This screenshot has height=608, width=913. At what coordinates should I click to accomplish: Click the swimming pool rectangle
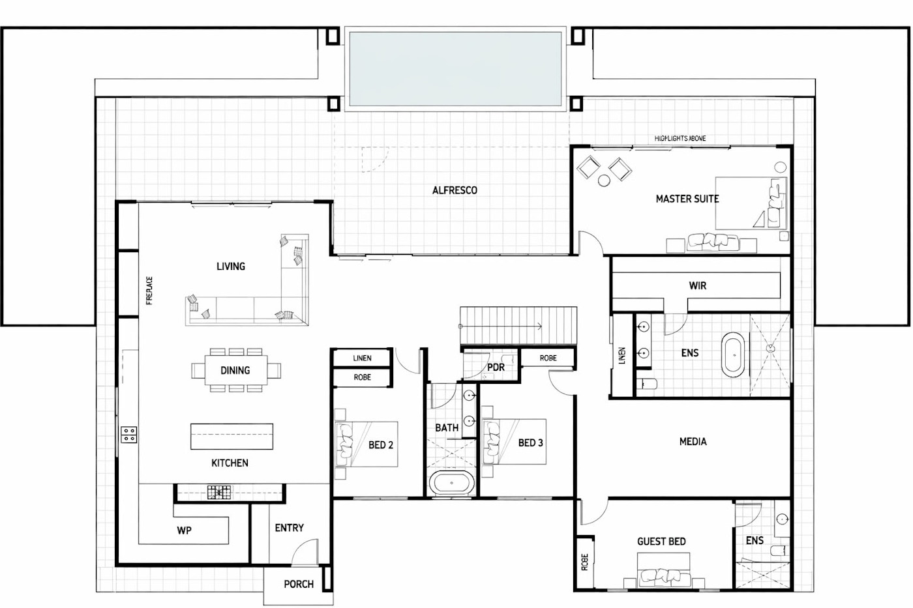(455, 70)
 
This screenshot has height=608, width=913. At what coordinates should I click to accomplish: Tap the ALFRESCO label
(455, 190)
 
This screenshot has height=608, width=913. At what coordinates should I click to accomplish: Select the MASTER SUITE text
(687, 199)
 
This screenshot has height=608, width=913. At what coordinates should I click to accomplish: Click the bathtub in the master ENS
(734, 355)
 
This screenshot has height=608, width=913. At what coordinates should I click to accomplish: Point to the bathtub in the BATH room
(453, 484)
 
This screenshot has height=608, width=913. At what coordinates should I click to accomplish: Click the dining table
(235, 370)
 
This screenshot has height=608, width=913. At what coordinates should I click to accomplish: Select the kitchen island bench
(232, 437)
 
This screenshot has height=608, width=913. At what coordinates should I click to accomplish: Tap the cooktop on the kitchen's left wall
(129, 434)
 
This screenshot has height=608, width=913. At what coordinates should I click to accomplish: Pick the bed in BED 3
(515, 442)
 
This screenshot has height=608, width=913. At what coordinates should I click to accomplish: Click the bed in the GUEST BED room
(664, 569)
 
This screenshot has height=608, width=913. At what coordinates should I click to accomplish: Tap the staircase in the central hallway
(519, 325)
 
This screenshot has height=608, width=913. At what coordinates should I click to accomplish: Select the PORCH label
(299, 585)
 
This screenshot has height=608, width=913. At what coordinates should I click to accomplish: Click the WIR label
(697, 285)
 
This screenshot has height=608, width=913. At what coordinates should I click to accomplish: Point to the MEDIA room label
(693, 442)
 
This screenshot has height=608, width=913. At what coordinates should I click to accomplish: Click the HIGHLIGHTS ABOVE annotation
(680, 139)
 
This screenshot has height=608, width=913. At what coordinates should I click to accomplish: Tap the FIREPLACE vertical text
(149, 291)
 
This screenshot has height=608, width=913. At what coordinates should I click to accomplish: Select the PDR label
(496, 368)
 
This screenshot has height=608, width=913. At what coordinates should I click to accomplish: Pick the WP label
(185, 530)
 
